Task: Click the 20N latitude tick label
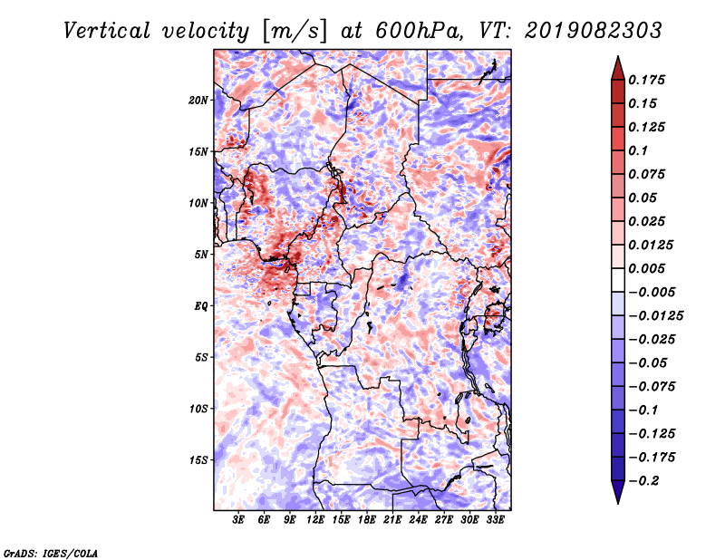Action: click(198, 100)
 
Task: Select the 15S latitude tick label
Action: click(198, 459)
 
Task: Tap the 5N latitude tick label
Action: click(200, 254)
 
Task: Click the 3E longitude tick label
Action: click(239, 520)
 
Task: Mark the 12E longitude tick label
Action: click(316, 520)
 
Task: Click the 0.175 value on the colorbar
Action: click(648, 80)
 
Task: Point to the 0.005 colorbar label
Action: click(648, 268)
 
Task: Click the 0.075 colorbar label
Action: click(648, 174)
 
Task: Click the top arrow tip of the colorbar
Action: click(617, 58)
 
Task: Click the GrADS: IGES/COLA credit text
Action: click(50, 552)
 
